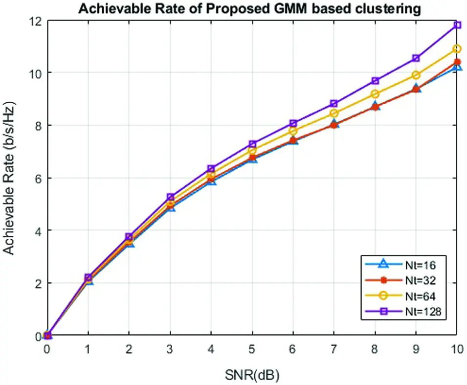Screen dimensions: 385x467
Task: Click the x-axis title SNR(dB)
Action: tap(252, 375)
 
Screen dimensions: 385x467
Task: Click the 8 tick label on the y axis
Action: tap(37, 126)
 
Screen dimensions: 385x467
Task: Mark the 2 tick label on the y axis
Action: tap(37, 284)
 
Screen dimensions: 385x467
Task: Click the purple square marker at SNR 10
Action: tap(457, 25)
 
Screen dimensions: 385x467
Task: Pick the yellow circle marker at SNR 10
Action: tap(457, 49)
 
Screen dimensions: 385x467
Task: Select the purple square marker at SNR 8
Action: tap(375, 81)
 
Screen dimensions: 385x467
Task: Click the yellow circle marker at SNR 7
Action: tap(334, 113)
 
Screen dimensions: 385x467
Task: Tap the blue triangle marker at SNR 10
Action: tap(457, 67)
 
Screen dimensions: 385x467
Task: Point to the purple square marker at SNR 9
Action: tap(416, 58)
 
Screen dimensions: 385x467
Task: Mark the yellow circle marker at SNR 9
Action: tap(416, 75)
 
